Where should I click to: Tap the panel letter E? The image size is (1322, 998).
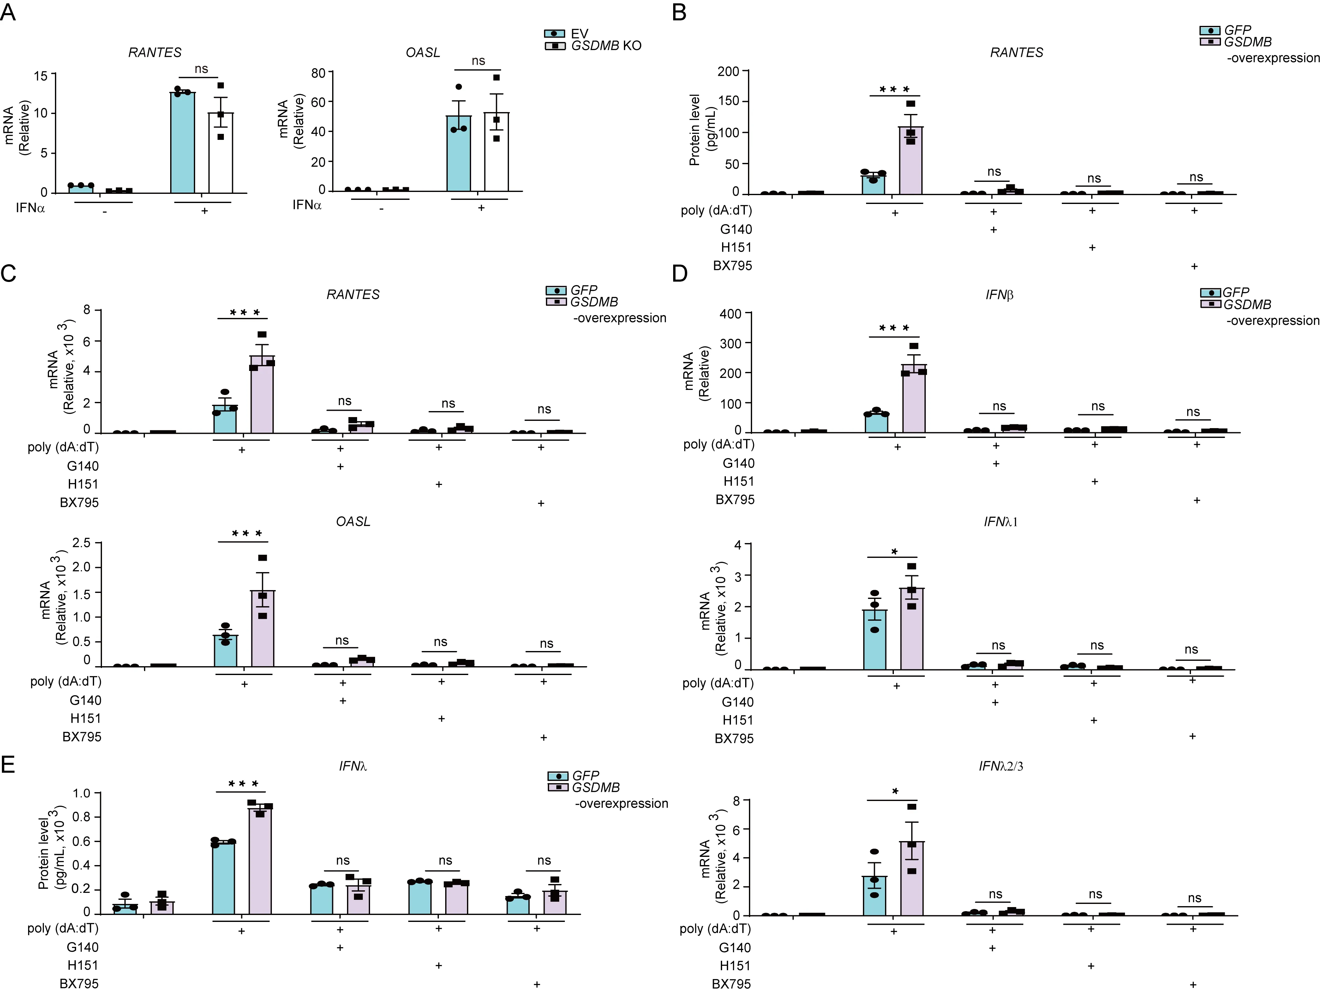(x=8, y=765)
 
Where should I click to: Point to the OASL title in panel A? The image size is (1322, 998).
(x=422, y=53)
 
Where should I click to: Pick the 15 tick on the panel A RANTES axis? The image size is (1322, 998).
(x=41, y=76)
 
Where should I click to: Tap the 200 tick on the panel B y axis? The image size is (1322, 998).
(x=728, y=72)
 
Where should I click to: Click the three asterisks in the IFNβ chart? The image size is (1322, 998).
(x=894, y=328)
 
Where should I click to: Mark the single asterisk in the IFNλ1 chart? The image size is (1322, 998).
(x=894, y=551)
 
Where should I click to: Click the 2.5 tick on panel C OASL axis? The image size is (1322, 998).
(x=81, y=543)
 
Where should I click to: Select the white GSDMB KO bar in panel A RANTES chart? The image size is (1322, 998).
(x=220, y=152)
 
